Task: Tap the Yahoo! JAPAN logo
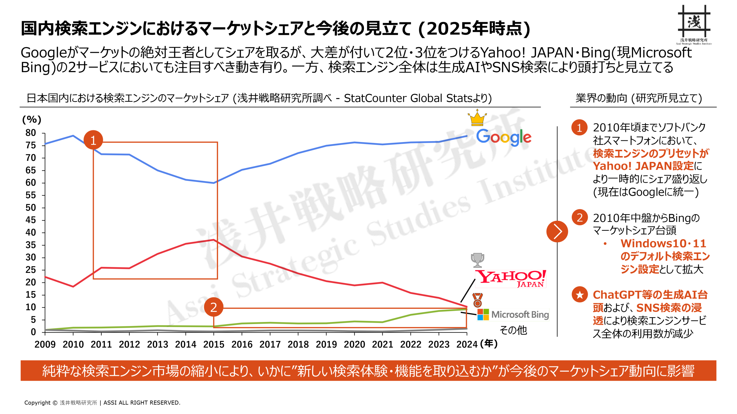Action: coord(510,278)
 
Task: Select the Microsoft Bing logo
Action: coord(513,315)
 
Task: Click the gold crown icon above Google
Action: coord(477,118)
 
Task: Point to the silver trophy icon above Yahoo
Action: coord(477,260)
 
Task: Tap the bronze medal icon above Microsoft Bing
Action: coord(477,300)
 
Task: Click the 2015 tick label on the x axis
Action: coord(214,344)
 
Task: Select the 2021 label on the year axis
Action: coord(382,344)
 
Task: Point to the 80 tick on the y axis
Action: coord(31,133)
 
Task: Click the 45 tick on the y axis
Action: coord(31,220)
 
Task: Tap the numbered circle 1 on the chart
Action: coord(93,140)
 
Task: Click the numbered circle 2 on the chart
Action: coord(214,307)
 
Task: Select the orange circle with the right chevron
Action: coord(557,231)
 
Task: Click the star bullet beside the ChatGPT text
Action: coord(580,295)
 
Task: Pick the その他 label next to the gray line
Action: coord(513,330)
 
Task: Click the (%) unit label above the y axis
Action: coord(32,120)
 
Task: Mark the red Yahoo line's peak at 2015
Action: coord(214,239)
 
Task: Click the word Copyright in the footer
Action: coord(37,403)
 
